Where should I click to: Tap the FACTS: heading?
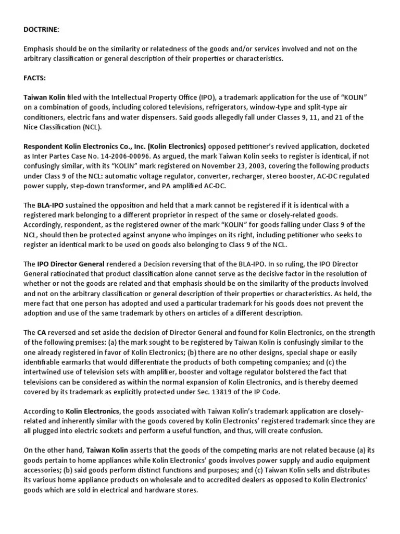35,78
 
